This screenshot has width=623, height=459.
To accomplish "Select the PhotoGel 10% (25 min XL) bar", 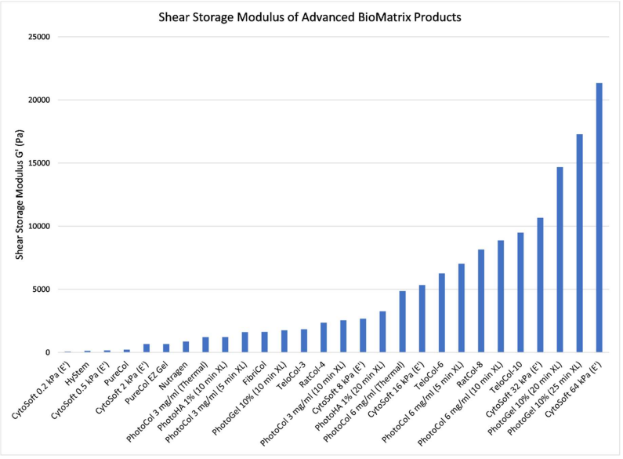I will coord(580,243).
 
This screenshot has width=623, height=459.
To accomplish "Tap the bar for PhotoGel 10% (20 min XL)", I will coord(560,260).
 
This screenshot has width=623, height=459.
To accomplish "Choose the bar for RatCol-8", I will coord(481,301).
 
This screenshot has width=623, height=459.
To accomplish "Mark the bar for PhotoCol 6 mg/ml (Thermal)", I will coord(402,322).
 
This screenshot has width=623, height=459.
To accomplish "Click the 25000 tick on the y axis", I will coord(39,38).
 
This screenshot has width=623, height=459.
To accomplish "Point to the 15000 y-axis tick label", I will coord(39,164).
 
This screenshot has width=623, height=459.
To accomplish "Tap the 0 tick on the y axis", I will coord(49,352).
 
